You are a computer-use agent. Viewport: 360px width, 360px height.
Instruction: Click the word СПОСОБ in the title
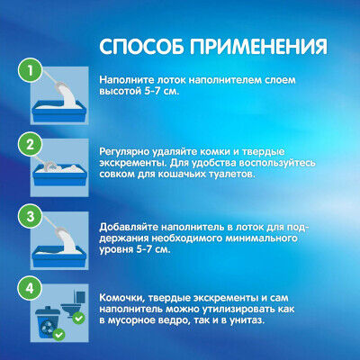(x=141, y=47)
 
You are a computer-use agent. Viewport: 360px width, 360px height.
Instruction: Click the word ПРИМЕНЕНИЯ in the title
(x=258, y=47)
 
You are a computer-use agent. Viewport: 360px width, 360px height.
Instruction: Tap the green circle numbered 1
(x=31, y=71)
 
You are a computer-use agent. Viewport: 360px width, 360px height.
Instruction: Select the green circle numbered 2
(x=31, y=145)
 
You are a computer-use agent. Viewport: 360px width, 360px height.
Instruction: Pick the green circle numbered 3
(x=31, y=217)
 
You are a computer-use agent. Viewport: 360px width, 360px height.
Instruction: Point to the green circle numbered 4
(x=31, y=289)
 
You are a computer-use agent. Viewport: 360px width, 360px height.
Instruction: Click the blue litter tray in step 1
(x=59, y=111)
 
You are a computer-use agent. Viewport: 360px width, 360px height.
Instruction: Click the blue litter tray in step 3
(x=59, y=256)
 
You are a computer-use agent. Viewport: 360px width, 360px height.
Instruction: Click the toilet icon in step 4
(x=73, y=303)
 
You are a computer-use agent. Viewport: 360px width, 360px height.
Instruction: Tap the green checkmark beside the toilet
(x=79, y=318)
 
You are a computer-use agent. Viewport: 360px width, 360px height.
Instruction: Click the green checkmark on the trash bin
(x=58, y=334)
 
